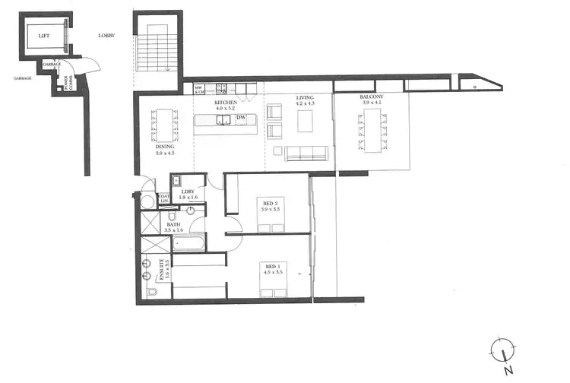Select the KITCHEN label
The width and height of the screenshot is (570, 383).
point(226,102)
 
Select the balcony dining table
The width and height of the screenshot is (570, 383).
point(372,131)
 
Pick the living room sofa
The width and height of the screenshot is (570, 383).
point(306,153)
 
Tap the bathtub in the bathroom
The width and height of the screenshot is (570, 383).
point(189,243)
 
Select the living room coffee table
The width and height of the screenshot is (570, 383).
point(306,122)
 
